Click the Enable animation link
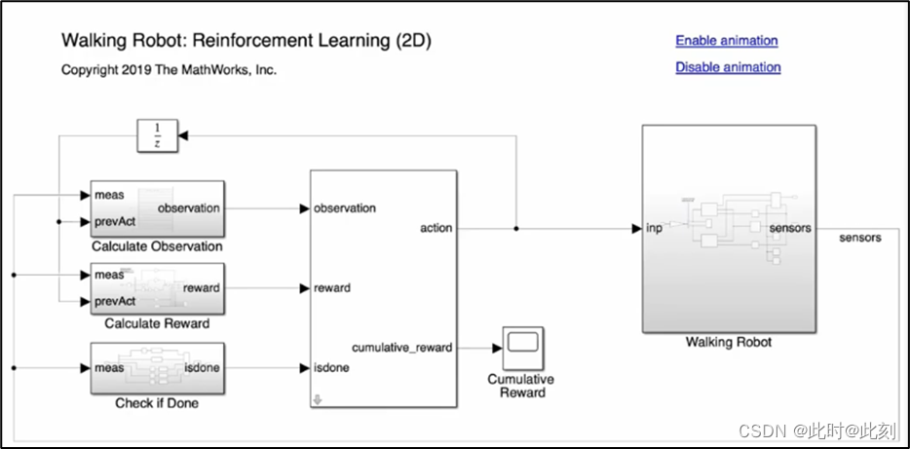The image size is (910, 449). pyautogui.click(x=726, y=41)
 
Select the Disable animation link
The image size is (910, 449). pyautogui.click(x=728, y=67)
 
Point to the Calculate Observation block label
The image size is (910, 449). pyautogui.click(x=157, y=246)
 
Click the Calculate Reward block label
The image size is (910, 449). pyautogui.click(x=157, y=323)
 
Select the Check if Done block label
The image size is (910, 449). pyautogui.click(x=157, y=402)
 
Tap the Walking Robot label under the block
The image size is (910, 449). pyautogui.click(x=729, y=343)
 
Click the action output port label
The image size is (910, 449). pyautogui.click(x=436, y=228)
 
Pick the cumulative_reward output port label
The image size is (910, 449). pyautogui.click(x=401, y=348)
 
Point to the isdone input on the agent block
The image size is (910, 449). pyautogui.click(x=331, y=367)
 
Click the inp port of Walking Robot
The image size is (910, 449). pyautogui.click(x=654, y=228)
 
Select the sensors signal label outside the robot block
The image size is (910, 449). pyautogui.click(x=859, y=238)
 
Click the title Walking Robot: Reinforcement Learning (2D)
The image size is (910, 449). pyautogui.click(x=246, y=41)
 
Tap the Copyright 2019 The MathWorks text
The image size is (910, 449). pyautogui.click(x=169, y=70)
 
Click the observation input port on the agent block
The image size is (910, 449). pyautogui.click(x=344, y=208)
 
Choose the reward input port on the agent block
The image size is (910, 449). pyautogui.click(x=331, y=288)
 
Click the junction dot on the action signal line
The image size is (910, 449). pyautogui.click(x=515, y=228)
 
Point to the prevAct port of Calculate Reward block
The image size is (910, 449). pyautogui.click(x=115, y=300)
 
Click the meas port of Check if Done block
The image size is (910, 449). pyautogui.click(x=109, y=368)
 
